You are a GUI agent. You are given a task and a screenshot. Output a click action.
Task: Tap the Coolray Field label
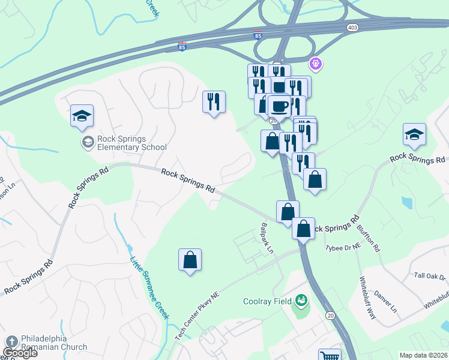(267, 301)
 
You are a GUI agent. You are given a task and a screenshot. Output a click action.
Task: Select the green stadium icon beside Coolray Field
(302, 300)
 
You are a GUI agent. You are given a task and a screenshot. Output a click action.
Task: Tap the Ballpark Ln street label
(267, 238)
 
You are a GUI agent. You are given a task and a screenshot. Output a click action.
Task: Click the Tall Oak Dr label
(430, 276)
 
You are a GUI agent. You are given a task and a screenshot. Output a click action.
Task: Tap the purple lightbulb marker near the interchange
(315, 62)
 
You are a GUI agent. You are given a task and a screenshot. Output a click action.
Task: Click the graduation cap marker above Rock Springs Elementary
(82, 116)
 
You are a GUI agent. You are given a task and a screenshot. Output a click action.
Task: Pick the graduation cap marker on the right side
(414, 134)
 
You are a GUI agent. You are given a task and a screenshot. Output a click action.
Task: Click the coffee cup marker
(279, 106)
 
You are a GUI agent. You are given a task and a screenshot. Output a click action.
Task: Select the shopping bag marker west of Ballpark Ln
(190, 260)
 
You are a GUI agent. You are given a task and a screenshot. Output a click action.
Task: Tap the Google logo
(20, 353)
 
